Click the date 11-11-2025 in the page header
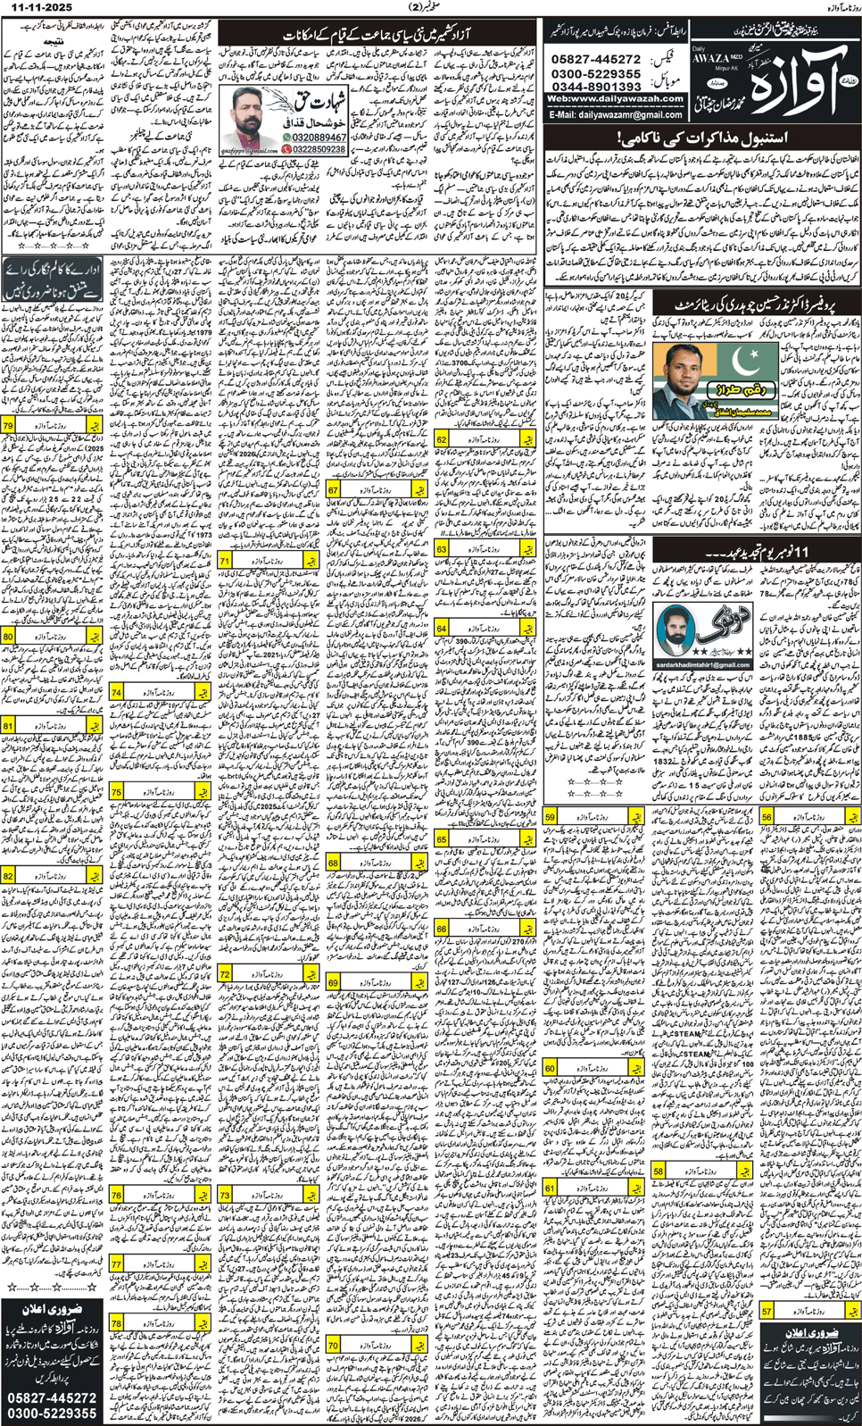[x=37, y=7]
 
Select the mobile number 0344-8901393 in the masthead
[x=596, y=87]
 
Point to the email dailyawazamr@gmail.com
[x=617, y=115]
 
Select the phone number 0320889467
[x=319, y=138]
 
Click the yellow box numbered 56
[x=766, y=817]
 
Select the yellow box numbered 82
[x=8, y=876]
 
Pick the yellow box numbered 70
[x=334, y=1345]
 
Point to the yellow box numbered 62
[x=441, y=440]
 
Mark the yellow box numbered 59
[x=551, y=817]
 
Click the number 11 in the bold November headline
[x=798, y=552]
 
